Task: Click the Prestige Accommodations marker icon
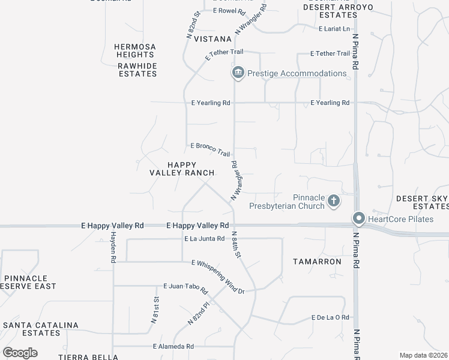(238, 73)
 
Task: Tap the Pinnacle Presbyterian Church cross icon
(333, 201)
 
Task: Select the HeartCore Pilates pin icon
(359, 219)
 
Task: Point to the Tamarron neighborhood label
(317, 262)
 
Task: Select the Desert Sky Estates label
(422, 202)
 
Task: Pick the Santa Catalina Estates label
(41, 329)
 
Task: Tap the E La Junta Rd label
(204, 239)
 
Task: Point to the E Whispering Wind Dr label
(218, 277)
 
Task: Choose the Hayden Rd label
(112, 248)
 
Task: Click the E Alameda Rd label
(173, 346)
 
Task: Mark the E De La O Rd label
(330, 317)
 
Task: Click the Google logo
(20, 353)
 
